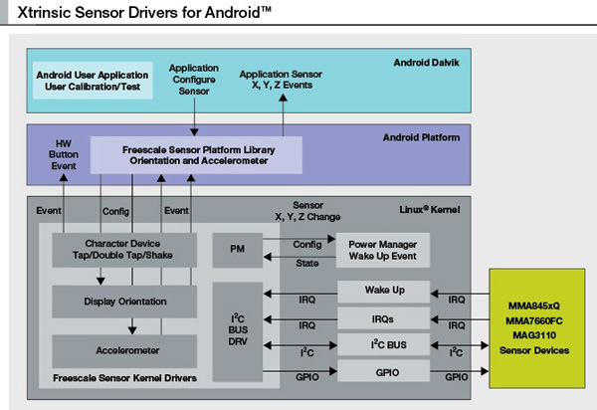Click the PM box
(x=237, y=249)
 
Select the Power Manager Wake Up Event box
(x=382, y=249)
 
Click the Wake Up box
(x=382, y=292)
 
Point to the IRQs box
(x=382, y=317)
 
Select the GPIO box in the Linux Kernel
(x=382, y=371)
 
